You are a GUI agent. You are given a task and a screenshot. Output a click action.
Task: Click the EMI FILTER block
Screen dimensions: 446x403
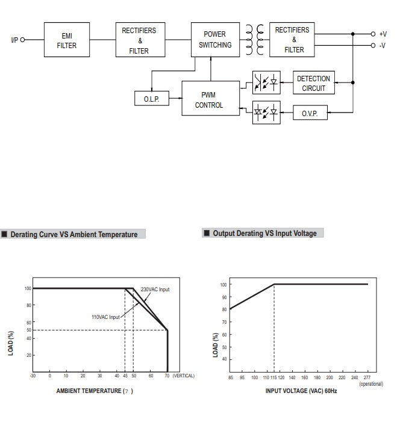pyautogui.click(x=67, y=40)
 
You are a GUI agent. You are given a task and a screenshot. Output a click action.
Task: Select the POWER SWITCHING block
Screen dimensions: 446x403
pyautogui.click(x=214, y=40)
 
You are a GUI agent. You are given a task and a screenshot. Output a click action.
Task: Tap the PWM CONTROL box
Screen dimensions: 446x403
pyautogui.click(x=209, y=99)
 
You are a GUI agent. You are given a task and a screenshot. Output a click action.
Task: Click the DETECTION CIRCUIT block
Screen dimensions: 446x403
pyautogui.click(x=313, y=83)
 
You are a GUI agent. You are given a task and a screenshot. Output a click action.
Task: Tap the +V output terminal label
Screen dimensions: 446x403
pyautogui.click(x=383, y=34)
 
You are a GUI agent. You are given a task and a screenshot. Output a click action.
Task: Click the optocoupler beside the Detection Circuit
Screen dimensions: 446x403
pyautogui.click(x=266, y=83)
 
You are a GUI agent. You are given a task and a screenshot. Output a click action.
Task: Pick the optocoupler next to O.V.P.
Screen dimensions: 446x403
pyautogui.click(x=266, y=113)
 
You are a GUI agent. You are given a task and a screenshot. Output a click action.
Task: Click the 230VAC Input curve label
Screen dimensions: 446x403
pyautogui.click(x=155, y=290)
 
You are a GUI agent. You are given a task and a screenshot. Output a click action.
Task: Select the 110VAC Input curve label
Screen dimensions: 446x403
pyautogui.click(x=105, y=317)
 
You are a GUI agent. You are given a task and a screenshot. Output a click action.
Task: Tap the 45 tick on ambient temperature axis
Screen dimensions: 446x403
pyautogui.click(x=125, y=376)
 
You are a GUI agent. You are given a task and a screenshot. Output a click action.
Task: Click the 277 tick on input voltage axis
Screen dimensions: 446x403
pyautogui.click(x=367, y=377)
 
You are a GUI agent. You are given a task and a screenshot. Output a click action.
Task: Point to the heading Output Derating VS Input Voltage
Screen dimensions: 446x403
pyautogui.click(x=264, y=234)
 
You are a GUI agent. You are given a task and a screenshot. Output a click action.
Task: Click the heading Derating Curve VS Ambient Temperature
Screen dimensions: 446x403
pyautogui.click(x=73, y=235)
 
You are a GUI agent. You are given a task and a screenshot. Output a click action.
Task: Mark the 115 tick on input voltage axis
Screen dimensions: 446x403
pyautogui.click(x=274, y=377)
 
